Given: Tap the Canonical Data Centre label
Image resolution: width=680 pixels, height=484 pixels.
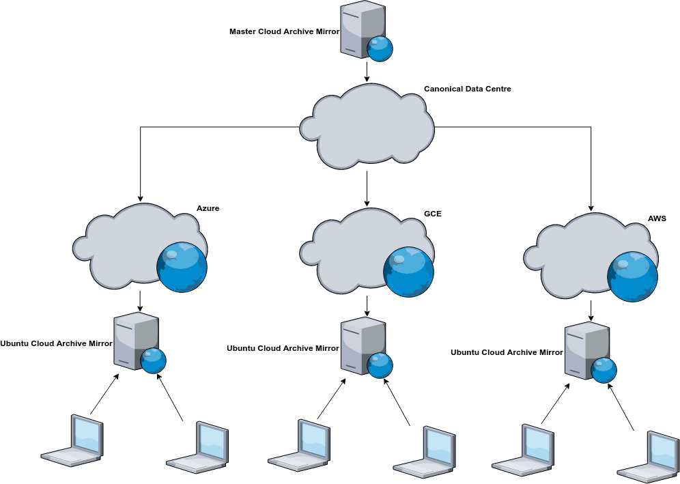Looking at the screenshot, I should (x=467, y=89).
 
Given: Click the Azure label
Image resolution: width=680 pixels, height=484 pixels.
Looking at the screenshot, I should (x=208, y=208).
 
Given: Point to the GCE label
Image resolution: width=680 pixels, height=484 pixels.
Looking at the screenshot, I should (x=433, y=214).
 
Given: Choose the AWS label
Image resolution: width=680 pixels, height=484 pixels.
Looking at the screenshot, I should (x=657, y=218).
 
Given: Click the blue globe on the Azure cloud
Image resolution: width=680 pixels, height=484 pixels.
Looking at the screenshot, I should (x=182, y=266).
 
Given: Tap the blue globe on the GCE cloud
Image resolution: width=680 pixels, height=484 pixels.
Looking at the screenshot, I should (x=408, y=271).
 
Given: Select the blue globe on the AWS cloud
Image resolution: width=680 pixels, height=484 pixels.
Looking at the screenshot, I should (x=632, y=276).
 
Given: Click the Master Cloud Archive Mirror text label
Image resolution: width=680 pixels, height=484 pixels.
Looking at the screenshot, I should (x=284, y=31).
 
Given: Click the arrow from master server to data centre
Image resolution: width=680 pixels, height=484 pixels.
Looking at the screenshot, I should (x=367, y=72).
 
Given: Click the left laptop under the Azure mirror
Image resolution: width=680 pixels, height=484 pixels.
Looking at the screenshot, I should (x=74, y=440).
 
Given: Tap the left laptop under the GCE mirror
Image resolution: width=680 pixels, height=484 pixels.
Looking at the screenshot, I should (x=300, y=444).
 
